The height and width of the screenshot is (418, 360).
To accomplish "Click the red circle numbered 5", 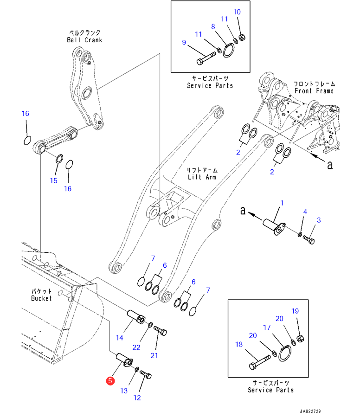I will tap(110, 381).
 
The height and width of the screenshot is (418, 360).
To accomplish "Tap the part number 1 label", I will tap(282, 203).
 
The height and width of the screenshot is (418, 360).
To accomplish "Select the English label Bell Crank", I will tap(84, 40).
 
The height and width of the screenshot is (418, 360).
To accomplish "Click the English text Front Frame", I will tap(314, 91).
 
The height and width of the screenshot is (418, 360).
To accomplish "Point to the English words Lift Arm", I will tap(203, 177).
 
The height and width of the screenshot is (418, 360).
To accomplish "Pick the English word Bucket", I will tap(42, 298).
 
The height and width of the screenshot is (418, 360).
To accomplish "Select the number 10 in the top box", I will tap(237, 12).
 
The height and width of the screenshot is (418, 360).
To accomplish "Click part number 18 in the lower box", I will tap(239, 345).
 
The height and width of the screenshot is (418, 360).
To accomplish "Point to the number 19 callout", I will tap(295, 311).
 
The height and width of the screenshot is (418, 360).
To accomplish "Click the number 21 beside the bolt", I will tap(154, 355).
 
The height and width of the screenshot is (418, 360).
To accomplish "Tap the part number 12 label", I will tap(137, 397).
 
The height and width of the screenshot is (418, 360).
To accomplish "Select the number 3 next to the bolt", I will tap(319, 219).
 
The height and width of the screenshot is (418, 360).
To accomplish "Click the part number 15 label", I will tap(54, 180).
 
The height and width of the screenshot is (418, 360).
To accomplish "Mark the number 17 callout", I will tap(267, 327).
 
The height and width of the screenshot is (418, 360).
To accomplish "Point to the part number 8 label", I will tap(213, 27).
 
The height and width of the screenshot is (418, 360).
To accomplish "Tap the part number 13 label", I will tap(124, 391).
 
